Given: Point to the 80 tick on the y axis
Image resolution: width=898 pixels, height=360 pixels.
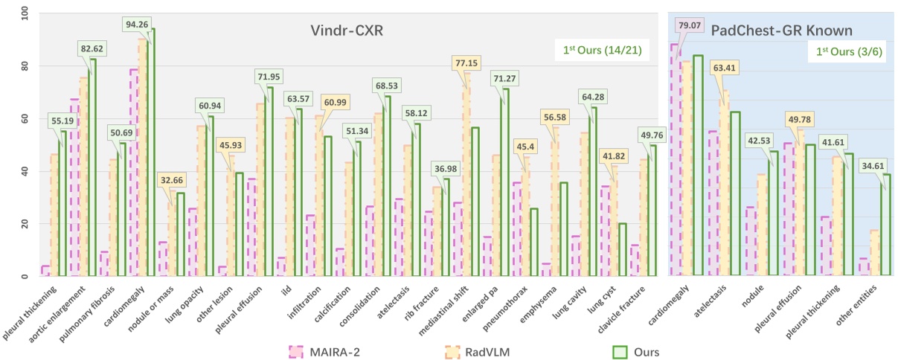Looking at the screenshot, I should point(25,65).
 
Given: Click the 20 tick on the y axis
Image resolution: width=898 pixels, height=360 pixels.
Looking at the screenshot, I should point(25,224).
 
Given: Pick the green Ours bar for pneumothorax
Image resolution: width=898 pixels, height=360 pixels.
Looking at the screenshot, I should point(533,242).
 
